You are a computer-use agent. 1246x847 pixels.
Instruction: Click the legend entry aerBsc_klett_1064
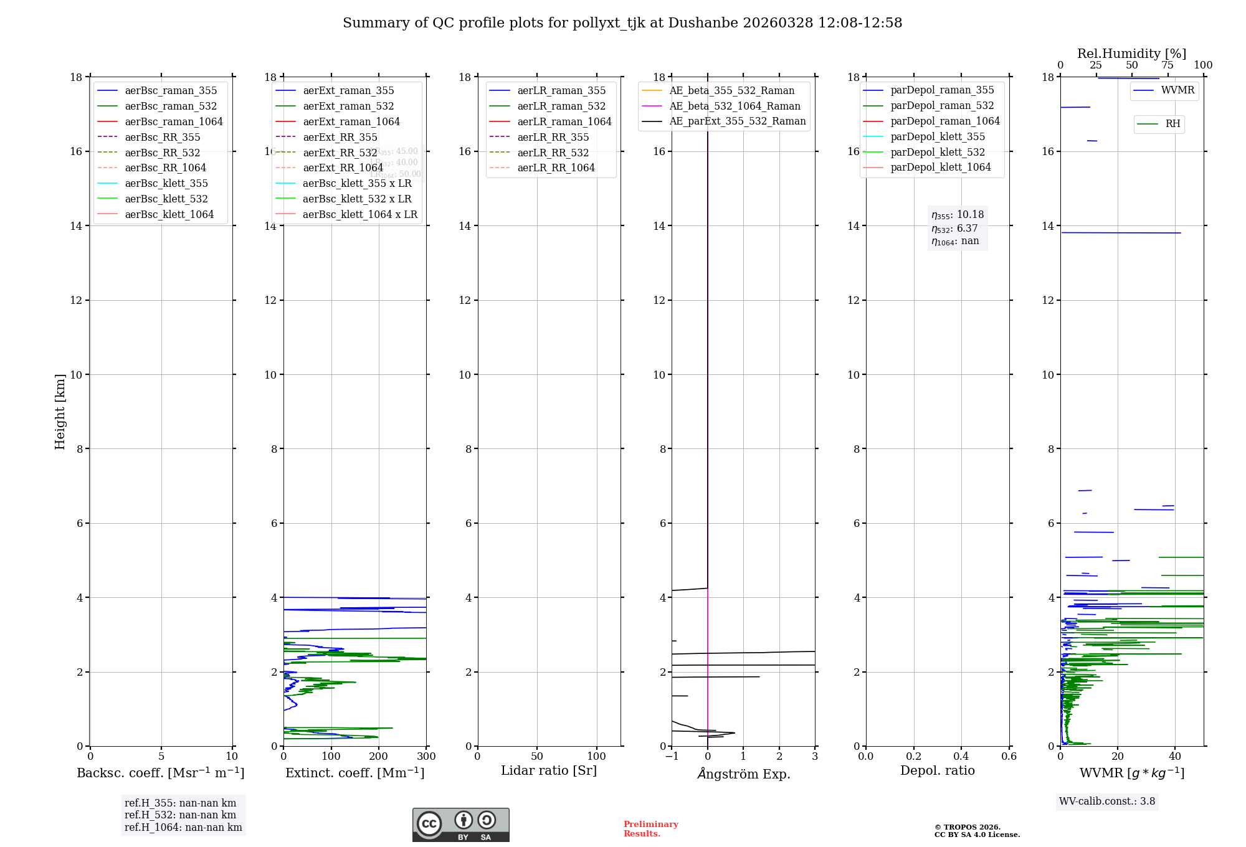coord(169,214)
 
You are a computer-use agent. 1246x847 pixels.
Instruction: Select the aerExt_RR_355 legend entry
coord(340,137)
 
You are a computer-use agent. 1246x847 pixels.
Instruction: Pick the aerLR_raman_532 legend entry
coord(561,106)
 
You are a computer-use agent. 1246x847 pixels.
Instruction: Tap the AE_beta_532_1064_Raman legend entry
coord(735,106)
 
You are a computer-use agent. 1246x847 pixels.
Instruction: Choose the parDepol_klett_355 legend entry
coord(937,136)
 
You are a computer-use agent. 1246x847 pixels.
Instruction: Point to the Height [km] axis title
coord(60,412)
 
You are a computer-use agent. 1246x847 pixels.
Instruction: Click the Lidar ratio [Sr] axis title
coord(548,770)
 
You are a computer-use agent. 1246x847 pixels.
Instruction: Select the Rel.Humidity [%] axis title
coord(1131,54)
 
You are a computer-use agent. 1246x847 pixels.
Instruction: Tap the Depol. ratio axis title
coord(937,770)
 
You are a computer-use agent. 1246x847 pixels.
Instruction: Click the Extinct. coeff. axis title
coord(354,773)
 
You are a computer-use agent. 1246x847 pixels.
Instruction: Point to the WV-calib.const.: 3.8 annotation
coord(1106,801)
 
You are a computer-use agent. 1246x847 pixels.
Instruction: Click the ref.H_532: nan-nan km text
coord(180,815)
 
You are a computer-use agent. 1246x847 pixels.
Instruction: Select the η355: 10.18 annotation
coord(957,215)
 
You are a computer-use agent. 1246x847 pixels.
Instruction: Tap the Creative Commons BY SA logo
coord(460,825)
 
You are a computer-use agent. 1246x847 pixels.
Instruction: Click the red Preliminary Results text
coord(650,829)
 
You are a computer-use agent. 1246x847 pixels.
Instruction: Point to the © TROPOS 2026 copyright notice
coord(976,831)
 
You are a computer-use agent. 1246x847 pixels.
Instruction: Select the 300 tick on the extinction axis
coord(426,756)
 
